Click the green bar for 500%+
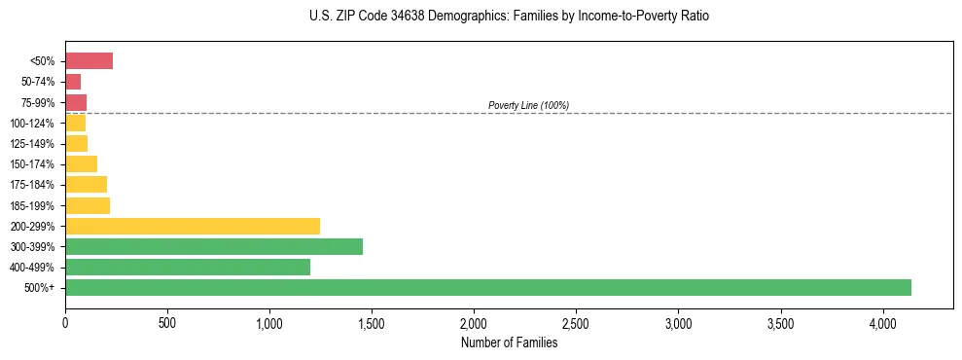(488, 287)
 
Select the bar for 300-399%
(214, 246)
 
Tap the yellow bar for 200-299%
(193, 226)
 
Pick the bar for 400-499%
(188, 267)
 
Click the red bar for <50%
(89, 61)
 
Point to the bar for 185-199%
(88, 205)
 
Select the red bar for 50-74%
(73, 82)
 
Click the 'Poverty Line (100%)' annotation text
(528, 105)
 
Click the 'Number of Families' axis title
(510, 342)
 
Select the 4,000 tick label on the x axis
(882, 322)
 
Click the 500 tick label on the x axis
(167, 322)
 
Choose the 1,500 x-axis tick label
(372, 322)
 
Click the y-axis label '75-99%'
(38, 102)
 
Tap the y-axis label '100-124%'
(32, 124)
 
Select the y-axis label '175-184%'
(32, 185)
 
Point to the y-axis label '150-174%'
(32, 164)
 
